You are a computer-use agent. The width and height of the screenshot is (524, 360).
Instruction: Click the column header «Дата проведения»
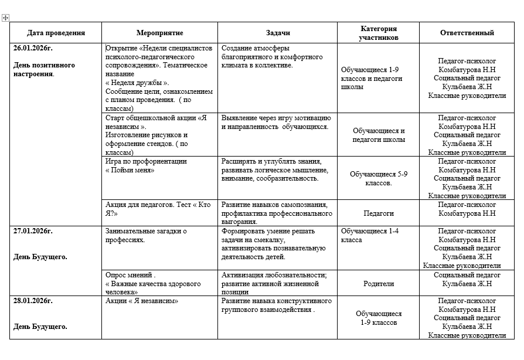tap(56, 33)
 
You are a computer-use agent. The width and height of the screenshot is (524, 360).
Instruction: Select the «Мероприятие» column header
tap(159, 33)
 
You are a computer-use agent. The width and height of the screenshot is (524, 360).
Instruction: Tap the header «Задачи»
tap(278, 33)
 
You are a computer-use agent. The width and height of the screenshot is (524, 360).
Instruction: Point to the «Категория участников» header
tap(379, 33)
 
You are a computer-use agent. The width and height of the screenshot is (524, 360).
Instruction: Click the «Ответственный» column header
tap(467, 33)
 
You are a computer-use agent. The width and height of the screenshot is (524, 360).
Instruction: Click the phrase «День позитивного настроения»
tap(44, 70)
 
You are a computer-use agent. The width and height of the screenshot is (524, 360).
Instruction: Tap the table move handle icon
tap(5, 18)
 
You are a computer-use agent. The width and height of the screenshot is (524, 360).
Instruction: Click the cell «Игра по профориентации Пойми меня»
tap(146, 165)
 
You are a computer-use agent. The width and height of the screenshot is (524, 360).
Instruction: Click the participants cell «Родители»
tap(378, 284)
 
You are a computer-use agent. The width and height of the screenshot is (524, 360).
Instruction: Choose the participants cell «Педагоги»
tap(378, 213)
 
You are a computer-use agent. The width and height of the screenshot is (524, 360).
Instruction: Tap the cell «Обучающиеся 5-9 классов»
tap(378, 178)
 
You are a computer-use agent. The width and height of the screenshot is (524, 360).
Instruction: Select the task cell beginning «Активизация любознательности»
tap(274, 279)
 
